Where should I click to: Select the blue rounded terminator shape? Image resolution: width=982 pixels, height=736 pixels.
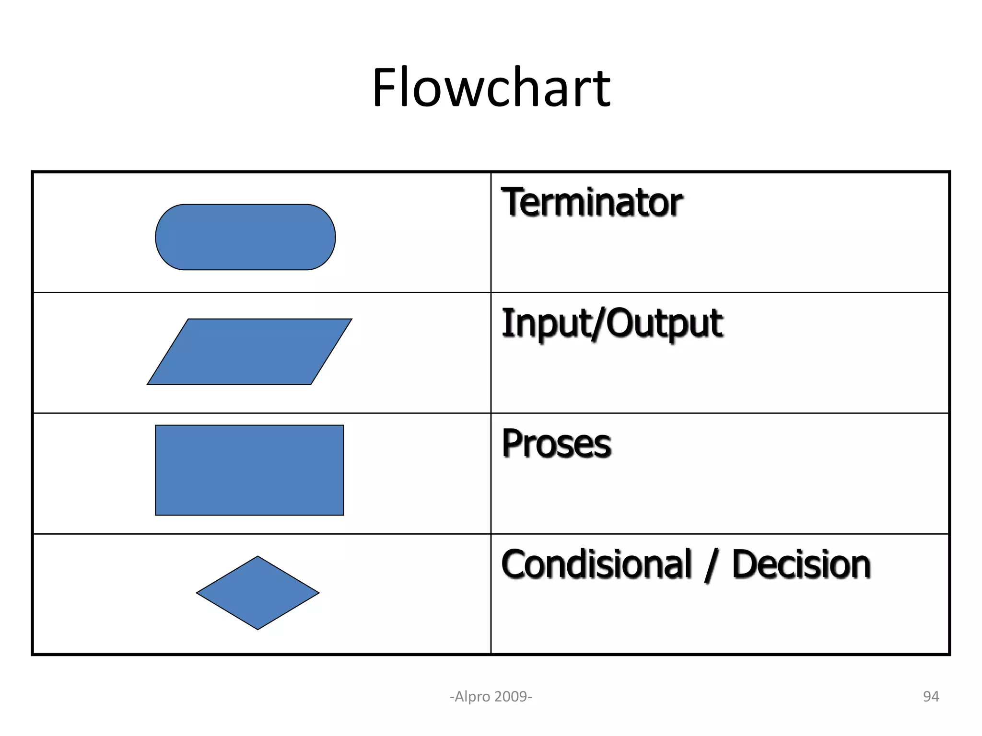click(245, 237)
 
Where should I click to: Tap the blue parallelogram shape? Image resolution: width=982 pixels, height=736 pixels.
click(249, 351)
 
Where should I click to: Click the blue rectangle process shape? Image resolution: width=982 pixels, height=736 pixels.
click(249, 470)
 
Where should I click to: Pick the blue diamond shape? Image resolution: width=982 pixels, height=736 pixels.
click(257, 593)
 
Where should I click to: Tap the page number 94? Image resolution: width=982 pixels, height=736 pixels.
click(931, 696)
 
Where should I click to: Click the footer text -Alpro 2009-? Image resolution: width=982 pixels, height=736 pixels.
click(491, 696)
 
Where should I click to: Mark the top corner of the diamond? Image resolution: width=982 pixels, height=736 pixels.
click(257, 557)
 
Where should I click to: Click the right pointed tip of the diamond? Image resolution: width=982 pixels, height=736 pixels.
click(318, 593)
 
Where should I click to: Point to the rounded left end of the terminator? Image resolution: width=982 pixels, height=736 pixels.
click(157, 237)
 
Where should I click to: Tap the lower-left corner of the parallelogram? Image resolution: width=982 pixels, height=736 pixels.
click(149, 383)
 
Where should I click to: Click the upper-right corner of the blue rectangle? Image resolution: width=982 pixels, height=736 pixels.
click(343, 426)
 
